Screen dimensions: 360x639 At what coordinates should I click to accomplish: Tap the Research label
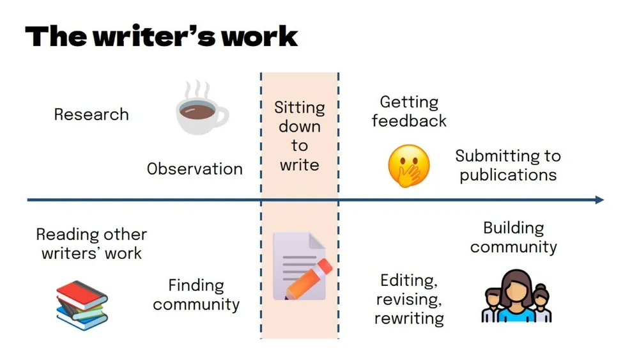pos(91,114)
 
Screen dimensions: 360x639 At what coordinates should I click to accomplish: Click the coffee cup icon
pos(201,115)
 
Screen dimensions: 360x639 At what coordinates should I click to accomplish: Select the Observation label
pos(195,169)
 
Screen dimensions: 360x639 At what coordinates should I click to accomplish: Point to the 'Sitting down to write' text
pos(300,136)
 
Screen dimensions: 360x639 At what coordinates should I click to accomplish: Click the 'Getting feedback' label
pos(409,111)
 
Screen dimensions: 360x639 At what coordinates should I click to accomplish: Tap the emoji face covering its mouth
pos(409,166)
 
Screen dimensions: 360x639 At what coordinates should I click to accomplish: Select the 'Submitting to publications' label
pos(508,166)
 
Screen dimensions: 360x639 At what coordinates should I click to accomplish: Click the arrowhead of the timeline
pos(598,200)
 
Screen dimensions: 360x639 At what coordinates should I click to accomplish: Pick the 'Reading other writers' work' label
pos(91,244)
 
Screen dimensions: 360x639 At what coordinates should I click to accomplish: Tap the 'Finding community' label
pos(196,295)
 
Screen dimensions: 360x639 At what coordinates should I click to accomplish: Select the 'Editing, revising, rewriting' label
pos(410,299)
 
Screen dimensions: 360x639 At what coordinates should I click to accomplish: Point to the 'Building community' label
pos(514,237)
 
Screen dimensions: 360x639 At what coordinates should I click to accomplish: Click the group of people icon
pos(516,296)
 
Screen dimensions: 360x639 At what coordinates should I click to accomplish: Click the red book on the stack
pos(81,292)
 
